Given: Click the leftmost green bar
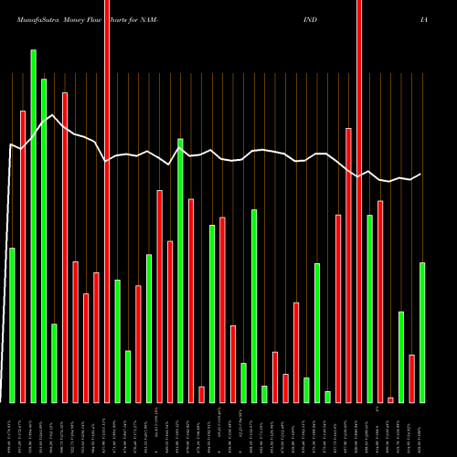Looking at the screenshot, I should click(13, 324).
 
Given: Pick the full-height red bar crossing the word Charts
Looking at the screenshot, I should click(107, 201).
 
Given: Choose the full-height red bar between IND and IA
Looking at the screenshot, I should click(359, 201).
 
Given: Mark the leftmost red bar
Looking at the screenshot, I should click(23, 256).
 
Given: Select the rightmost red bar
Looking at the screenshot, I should click(412, 378).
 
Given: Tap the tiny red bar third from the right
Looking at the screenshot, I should click(391, 399).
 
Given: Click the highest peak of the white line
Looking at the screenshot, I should click(54, 115).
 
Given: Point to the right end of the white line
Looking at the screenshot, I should click(421, 175).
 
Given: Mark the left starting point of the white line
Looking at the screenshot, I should click(11, 144).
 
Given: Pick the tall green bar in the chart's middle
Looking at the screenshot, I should click(181, 271).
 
